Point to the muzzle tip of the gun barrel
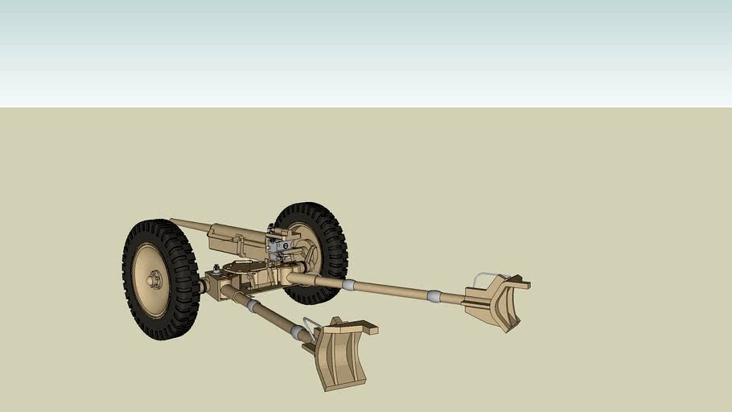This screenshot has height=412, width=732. pos(172,220)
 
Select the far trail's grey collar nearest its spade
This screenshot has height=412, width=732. pos(434,296)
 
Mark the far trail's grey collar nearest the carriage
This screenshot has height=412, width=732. pos(348,284)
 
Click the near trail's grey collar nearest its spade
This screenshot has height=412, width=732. pos(298,332)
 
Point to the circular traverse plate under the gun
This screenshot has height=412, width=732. pos(241,266)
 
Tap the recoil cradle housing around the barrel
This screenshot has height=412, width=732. pos(233,239)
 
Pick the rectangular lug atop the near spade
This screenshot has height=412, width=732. pos(369,328)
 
